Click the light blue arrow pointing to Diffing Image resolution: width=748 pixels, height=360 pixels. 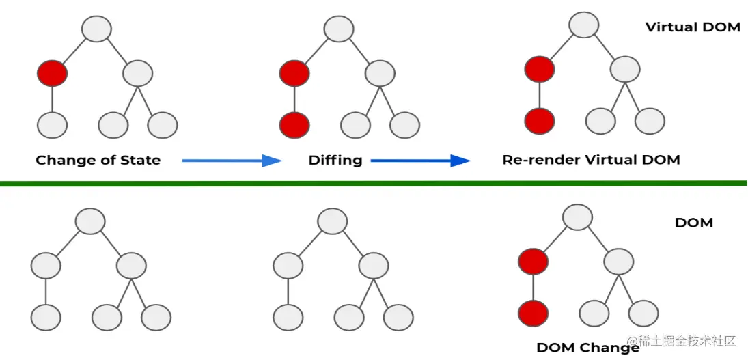pos(232,161)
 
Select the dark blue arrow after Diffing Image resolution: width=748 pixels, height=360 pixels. pos(421,161)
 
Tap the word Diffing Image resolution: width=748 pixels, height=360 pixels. pos(335,161)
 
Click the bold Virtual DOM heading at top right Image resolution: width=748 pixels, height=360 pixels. pos(692,27)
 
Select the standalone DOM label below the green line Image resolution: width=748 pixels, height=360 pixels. pos(693,223)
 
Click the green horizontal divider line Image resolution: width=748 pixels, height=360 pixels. pos(374,183)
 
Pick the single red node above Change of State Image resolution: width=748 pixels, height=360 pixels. pos(52,73)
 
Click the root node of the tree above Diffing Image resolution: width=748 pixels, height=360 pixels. pos(339,29)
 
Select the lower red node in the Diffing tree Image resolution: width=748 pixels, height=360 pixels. pos(294,125)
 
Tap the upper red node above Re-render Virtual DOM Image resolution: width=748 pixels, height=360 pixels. pos(540,69)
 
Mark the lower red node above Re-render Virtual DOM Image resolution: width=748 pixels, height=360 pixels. pos(540,120)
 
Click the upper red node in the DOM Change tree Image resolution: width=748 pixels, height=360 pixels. pos(533,261)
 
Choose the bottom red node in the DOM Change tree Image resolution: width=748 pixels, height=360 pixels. pos(533,314)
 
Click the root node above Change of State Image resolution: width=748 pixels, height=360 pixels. pos(96,29)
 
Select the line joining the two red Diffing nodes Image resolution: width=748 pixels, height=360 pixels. pos(294,100)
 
